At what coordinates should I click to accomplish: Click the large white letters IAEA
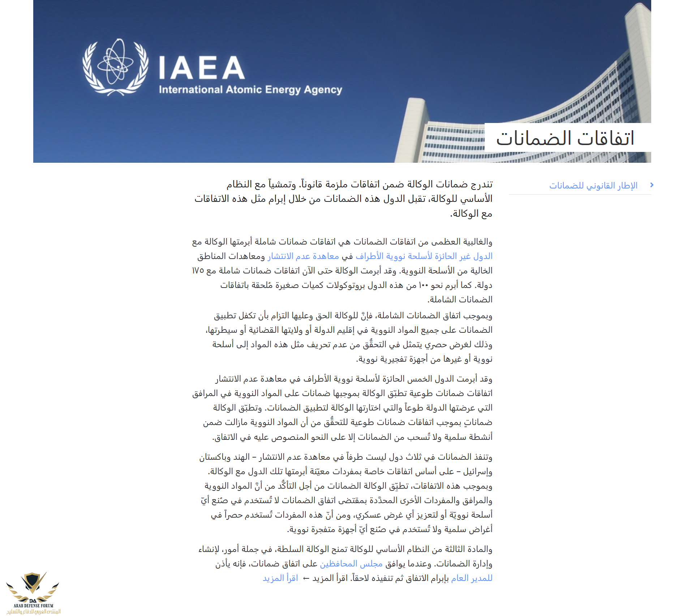coord(202,68)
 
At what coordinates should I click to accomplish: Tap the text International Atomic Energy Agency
coord(250,90)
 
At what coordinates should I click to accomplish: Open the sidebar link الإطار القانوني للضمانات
coord(593,186)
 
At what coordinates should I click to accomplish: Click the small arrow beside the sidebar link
coord(652,185)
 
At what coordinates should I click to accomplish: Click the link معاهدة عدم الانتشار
coord(303,256)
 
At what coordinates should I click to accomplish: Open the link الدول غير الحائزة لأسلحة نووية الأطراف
coord(424,256)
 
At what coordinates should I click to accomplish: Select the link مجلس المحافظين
coord(351,564)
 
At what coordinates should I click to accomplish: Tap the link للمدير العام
coord(472,578)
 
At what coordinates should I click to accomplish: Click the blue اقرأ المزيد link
coord(280,578)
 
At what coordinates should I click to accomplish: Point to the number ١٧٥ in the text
coord(198,271)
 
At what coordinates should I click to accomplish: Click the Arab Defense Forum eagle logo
coord(33,586)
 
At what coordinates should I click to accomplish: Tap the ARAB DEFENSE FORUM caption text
coord(33,606)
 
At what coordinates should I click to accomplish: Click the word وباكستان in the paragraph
coord(215,457)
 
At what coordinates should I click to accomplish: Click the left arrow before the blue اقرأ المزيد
coord(306,578)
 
